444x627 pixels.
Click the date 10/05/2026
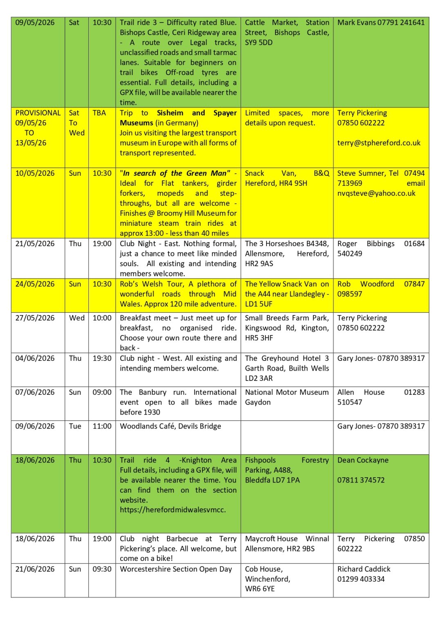click(35, 173)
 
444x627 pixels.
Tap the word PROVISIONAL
click(38, 113)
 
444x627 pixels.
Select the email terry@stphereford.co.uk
click(379, 143)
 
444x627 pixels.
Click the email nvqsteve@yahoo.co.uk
click(376, 193)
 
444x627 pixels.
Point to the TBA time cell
click(99, 113)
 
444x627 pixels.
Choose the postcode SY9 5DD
click(258, 42)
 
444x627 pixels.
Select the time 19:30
click(102, 358)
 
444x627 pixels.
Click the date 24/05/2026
click(35, 284)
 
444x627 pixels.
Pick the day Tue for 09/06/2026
click(75, 426)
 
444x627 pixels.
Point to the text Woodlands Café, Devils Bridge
click(170, 426)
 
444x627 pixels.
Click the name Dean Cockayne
click(363, 460)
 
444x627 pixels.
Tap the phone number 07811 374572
click(361, 480)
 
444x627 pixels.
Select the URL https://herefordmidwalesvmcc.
click(173, 509)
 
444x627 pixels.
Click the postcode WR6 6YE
click(260, 589)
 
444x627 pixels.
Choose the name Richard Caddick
click(363, 569)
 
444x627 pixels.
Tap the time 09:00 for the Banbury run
click(102, 392)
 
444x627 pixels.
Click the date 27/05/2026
click(35, 318)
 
